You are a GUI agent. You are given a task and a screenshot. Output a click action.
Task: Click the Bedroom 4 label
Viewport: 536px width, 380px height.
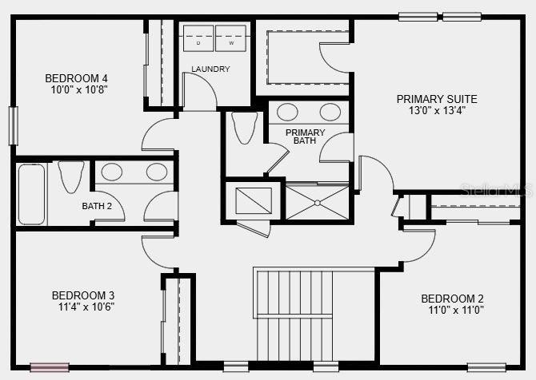click(x=76, y=78)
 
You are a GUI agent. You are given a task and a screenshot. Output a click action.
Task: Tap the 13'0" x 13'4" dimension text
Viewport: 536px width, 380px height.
click(x=438, y=110)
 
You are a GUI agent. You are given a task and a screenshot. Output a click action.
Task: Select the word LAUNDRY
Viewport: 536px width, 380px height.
click(x=210, y=69)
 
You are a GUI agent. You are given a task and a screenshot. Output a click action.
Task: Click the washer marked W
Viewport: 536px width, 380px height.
click(x=231, y=38)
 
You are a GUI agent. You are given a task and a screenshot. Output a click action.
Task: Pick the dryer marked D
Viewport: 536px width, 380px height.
click(x=198, y=38)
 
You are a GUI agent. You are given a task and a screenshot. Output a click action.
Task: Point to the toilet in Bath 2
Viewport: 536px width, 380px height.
click(x=71, y=176)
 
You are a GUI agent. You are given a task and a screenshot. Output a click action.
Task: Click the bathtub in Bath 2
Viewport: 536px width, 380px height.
click(x=31, y=194)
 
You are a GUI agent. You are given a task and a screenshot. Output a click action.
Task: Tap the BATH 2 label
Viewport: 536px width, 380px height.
click(x=97, y=206)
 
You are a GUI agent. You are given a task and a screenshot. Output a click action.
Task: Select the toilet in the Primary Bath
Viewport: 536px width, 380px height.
click(x=245, y=128)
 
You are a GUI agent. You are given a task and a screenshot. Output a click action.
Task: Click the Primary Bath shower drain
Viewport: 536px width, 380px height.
click(x=318, y=203)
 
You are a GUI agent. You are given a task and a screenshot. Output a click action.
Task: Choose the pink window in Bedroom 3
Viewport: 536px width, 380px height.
click(x=50, y=367)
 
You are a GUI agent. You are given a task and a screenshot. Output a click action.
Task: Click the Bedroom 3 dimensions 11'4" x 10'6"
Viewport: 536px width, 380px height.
click(x=86, y=307)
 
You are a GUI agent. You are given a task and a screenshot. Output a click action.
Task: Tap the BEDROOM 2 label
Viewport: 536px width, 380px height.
click(x=452, y=299)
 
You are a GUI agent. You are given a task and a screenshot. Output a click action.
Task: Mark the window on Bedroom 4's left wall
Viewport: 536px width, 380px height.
click(x=14, y=126)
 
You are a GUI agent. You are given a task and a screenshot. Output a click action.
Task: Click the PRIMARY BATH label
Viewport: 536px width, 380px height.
click(x=306, y=137)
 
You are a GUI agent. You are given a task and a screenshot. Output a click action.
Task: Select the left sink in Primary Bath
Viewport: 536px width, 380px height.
click(x=287, y=112)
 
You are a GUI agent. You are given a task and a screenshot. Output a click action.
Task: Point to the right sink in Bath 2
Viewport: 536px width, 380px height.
click(x=157, y=172)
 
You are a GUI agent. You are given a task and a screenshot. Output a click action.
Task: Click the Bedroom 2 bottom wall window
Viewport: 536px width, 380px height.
click(x=486, y=367)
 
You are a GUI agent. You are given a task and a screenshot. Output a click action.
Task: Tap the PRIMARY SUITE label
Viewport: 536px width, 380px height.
click(x=437, y=99)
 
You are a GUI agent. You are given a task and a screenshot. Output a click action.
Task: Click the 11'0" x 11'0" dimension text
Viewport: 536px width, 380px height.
click(x=456, y=310)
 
